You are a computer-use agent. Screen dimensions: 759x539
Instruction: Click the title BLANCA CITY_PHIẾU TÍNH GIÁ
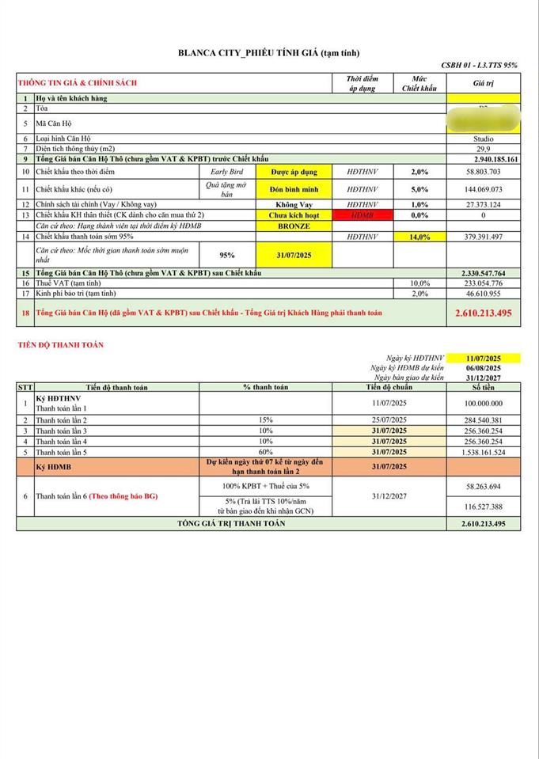[268, 53]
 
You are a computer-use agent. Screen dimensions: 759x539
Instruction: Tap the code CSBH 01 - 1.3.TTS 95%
[480, 65]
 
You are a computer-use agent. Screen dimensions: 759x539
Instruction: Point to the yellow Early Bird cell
[226, 172]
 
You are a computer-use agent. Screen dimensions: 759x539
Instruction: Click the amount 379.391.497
[483, 236]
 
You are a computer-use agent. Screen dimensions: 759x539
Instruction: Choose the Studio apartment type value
[483, 139]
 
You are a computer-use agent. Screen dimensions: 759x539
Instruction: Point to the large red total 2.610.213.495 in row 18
[483, 313]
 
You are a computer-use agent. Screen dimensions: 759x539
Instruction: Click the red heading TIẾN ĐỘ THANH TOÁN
[61, 345]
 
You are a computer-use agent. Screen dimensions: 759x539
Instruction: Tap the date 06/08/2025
[483, 368]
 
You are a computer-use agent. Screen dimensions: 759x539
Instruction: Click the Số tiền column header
[483, 388]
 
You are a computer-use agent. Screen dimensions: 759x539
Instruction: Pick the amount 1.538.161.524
[483, 452]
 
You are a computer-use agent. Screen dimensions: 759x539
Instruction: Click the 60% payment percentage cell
[265, 452]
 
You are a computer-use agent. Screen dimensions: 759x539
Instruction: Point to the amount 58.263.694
[483, 486]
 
